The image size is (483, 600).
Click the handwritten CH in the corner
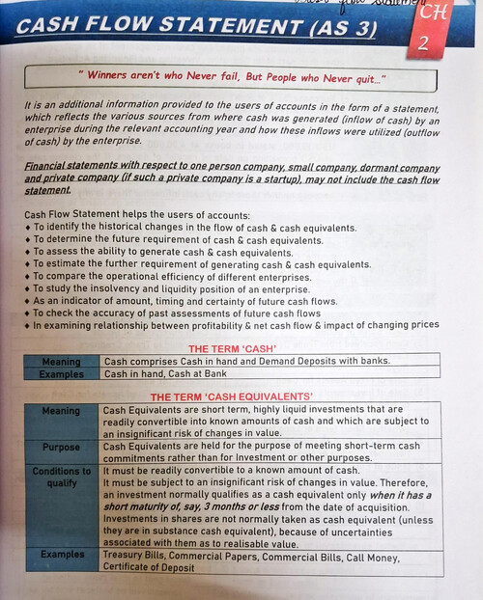tap(426, 13)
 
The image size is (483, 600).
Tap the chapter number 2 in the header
tap(425, 42)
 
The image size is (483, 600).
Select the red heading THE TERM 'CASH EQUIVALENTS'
tap(232, 396)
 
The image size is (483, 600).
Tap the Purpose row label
tap(62, 448)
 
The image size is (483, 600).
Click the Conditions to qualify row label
tap(61, 477)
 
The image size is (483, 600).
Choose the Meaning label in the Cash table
tap(61, 362)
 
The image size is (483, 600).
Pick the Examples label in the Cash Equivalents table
tap(62, 556)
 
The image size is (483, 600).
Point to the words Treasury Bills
tap(133, 556)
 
